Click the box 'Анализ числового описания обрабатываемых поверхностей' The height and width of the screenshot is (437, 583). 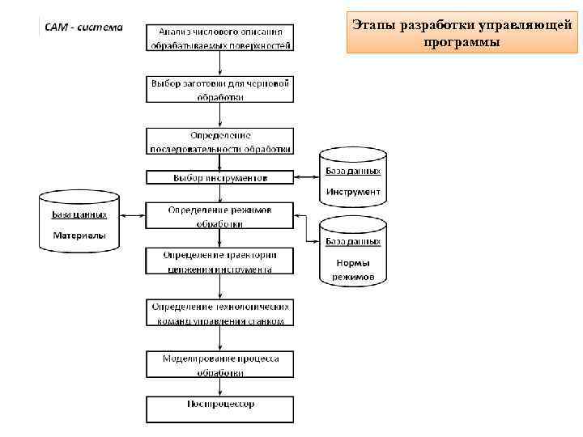coord(220,36)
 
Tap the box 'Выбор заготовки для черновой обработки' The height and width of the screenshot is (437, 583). coord(220,90)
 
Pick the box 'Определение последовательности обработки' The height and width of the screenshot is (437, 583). coord(220,141)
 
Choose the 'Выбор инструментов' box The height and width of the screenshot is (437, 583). coord(220,177)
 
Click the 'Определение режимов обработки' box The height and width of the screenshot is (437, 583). coord(220,216)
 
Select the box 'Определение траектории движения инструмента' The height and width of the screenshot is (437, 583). coord(220,261)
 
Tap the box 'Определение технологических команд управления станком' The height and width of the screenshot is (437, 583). coord(220,313)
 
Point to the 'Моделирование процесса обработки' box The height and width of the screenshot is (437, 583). coord(220,365)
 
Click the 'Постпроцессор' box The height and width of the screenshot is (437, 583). coord(220,408)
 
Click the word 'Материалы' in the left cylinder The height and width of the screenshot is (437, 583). coord(79,235)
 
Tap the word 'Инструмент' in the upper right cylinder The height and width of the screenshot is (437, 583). coord(353,192)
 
